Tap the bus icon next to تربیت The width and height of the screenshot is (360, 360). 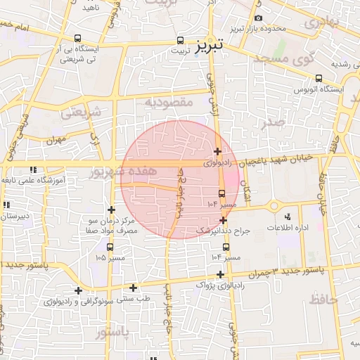(181, 40)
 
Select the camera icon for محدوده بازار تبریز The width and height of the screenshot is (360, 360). (258, 18)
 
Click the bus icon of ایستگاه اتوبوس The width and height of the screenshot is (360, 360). (319, 78)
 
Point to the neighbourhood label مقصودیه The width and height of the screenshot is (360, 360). (169, 103)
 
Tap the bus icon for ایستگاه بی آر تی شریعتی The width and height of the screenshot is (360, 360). (77, 39)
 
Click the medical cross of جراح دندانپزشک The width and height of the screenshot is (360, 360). (223, 220)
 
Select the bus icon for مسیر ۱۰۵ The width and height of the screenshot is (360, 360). (110, 247)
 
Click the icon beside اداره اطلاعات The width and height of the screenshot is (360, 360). (288, 217)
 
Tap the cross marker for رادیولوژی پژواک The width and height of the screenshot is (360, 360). (220, 274)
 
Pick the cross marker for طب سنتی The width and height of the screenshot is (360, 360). (133, 287)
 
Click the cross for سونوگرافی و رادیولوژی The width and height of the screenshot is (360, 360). (78, 290)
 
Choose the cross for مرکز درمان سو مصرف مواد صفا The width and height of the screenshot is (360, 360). (111, 210)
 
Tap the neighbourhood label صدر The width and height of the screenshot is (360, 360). (271, 122)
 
